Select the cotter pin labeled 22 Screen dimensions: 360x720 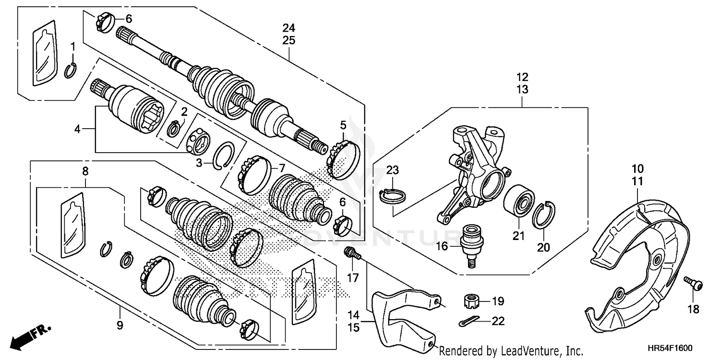pos(466,324)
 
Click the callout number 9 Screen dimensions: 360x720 pos(120,326)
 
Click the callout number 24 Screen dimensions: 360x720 pos(288,28)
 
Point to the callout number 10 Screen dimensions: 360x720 pos(637,169)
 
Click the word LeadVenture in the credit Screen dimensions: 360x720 pos(528,351)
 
